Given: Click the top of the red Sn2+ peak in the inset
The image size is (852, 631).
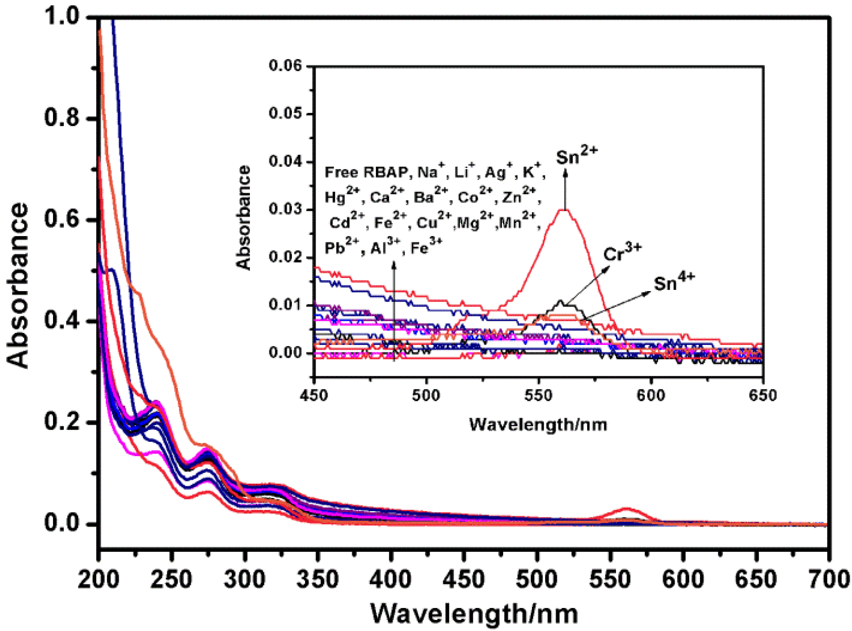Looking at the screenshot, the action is coord(566,210).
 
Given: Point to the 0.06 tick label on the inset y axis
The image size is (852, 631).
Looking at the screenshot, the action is coord(286,66).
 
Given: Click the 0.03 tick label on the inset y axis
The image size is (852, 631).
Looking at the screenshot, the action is coord(286,210).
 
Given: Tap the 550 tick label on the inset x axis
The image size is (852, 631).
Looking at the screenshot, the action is coord(538,395).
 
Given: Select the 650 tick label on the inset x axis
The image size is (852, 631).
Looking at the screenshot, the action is coord(763,395).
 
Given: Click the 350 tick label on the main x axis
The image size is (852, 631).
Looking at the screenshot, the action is coord(318,580).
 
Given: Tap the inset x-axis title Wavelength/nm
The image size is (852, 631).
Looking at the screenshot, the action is coord(538,424).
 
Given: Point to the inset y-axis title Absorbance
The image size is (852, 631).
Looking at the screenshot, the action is coord(244,218).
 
